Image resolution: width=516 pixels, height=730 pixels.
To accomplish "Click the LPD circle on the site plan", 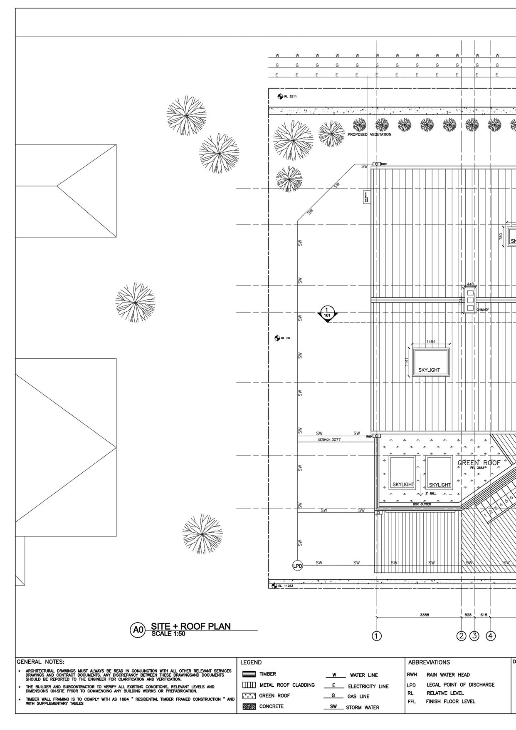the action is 298,565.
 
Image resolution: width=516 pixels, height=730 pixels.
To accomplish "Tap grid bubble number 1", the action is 377,636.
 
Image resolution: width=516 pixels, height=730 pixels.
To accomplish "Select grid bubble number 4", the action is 491,636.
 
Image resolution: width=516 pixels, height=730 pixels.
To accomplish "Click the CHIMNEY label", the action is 483,310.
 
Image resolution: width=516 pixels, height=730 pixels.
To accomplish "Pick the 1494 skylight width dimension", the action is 431,342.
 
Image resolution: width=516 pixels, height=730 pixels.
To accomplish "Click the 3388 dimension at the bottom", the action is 425,615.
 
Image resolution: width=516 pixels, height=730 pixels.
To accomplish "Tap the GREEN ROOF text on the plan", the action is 479,463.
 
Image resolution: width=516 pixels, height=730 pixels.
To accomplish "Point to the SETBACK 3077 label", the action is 329,439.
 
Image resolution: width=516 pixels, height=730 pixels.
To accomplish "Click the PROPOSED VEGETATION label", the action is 369,134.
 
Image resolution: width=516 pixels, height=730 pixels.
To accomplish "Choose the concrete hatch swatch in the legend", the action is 249,706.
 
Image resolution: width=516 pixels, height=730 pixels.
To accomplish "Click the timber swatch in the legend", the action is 249,674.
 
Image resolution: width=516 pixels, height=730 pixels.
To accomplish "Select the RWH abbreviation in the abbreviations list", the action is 412,675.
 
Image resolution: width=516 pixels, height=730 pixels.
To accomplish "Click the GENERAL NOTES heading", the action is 40,662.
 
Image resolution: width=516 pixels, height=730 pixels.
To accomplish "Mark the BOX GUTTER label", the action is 422,504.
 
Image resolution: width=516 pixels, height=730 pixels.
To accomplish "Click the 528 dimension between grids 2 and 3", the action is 468,615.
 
